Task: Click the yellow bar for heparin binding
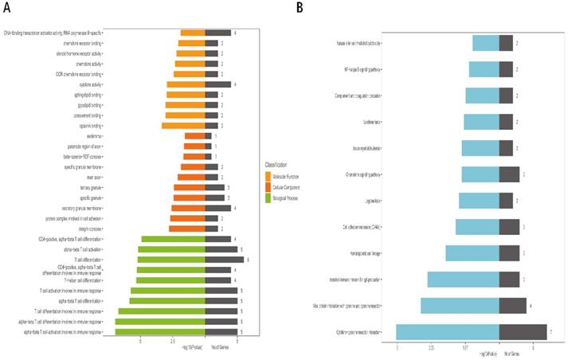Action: pyautogui.click(x=183, y=126)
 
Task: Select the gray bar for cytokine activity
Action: pyautogui.click(x=217, y=84)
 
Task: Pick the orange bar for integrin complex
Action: pyautogui.click(x=189, y=229)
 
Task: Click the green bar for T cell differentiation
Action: pyautogui.click(x=171, y=260)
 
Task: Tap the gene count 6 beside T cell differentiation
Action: pyautogui.click(x=249, y=260)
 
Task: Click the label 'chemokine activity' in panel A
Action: pyautogui.click(x=104, y=64)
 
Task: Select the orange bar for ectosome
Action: pyautogui.click(x=194, y=136)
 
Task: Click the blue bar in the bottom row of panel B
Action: pyautogui.click(x=447, y=332)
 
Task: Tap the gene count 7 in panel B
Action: pyautogui.click(x=550, y=332)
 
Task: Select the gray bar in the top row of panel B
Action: pyautogui.click(x=505, y=43)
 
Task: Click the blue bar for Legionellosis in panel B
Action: pyautogui.click(x=479, y=201)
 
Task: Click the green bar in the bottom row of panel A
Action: pyautogui.click(x=160, y=331)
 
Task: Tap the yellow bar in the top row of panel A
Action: pyautogui.click(x=193, y=33)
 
